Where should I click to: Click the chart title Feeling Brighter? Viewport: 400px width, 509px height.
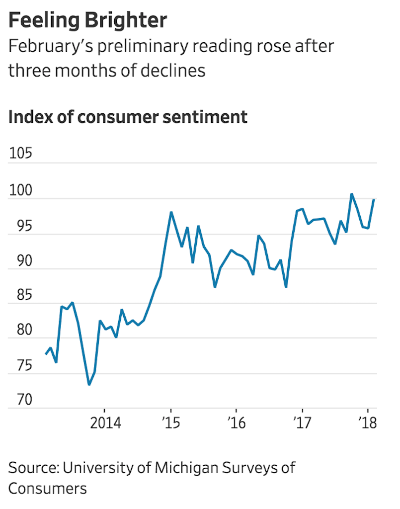click(88, 21)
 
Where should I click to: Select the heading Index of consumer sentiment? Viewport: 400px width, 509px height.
click(128, 117)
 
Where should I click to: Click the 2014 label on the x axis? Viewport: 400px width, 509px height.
click(105, 424)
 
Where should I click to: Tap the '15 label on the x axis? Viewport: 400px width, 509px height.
click(171, 424)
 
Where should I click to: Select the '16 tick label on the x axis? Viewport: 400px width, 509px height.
click(236, 424)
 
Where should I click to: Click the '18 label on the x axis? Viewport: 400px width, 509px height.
click(367, 424)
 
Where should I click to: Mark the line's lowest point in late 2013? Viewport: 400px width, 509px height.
click(89, 384)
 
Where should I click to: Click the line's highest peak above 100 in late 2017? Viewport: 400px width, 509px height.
click(352, 194)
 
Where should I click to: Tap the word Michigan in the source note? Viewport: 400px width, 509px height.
click(181, 468)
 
